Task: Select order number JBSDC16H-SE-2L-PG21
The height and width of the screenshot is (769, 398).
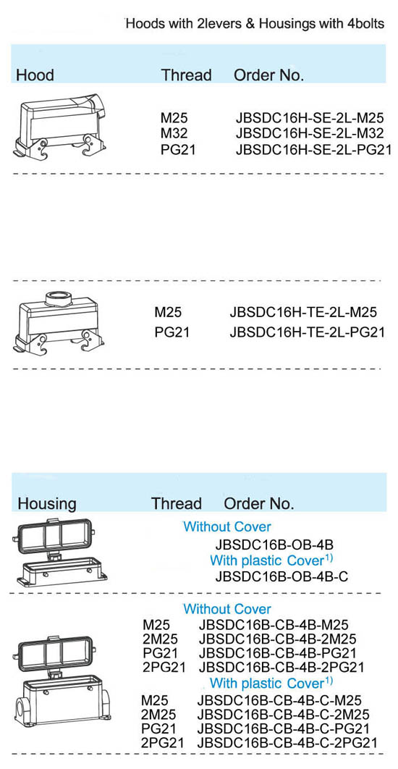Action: [313, 150]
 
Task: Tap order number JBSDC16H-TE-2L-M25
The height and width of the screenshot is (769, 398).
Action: [303, 312]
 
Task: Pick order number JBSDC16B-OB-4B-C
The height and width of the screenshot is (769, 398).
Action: [281, 576]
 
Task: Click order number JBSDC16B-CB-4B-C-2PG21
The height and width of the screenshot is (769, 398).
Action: [287, 742]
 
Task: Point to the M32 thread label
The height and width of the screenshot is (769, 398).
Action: [174, 133]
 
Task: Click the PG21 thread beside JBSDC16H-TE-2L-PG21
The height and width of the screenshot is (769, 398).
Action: [172, 332]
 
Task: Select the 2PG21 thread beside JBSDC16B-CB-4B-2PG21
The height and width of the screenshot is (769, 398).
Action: [164, 667]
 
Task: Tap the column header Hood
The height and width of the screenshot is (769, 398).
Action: [35, 75]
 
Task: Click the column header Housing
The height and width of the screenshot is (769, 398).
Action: [47, 504]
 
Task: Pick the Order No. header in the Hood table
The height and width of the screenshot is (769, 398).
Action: [269, 75]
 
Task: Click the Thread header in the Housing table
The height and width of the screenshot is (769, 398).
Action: [177, 504]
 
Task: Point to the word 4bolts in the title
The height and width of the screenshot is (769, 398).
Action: [365, 24]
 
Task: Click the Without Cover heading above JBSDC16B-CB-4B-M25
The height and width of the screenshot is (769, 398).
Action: [227, 609]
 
